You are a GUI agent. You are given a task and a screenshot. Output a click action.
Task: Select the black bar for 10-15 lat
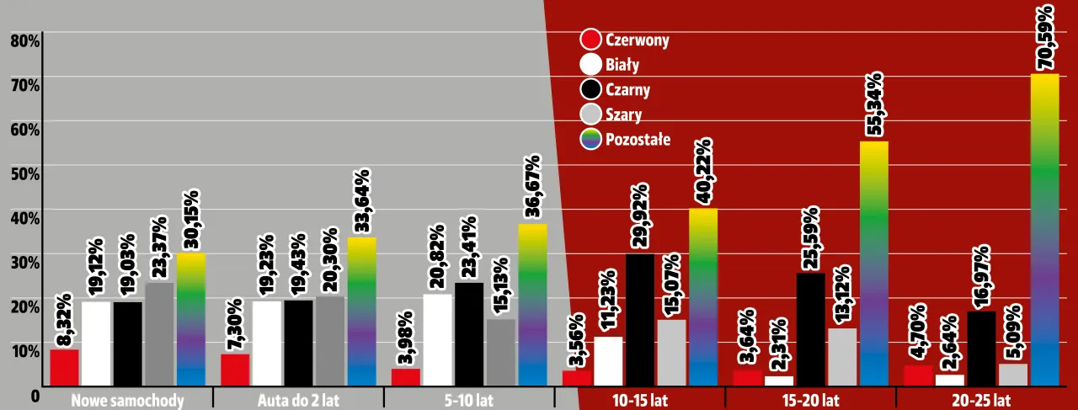pyautogui.click(x=639, y=319)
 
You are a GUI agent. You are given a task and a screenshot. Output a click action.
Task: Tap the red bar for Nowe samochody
pyautogui.click(x=64, y=367)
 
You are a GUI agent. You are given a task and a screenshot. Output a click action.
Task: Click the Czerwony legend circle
pyautogui.click(x=591, y=40)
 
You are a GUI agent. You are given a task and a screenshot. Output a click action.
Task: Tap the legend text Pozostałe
pyautogui.click(x=638, y=139)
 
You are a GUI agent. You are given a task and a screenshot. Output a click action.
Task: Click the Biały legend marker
pyautogui.click(x=591, y=65)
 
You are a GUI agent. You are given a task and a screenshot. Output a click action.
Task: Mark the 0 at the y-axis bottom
pyautogui.click(x=35, y=395)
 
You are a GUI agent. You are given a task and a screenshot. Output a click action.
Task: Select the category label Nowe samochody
pyautogui.click(x=128, y=400)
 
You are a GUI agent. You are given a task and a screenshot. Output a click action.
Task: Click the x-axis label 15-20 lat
pyautogui.click(x=809, y=400)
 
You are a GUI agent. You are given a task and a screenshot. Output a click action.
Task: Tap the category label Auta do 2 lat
pyautogui.click(x=299, y=400)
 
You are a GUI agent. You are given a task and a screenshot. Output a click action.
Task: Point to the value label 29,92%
pyautogui.click(x=639, y=215)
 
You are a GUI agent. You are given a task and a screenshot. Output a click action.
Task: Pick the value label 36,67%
pyautogui.click(x=532, y=187)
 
